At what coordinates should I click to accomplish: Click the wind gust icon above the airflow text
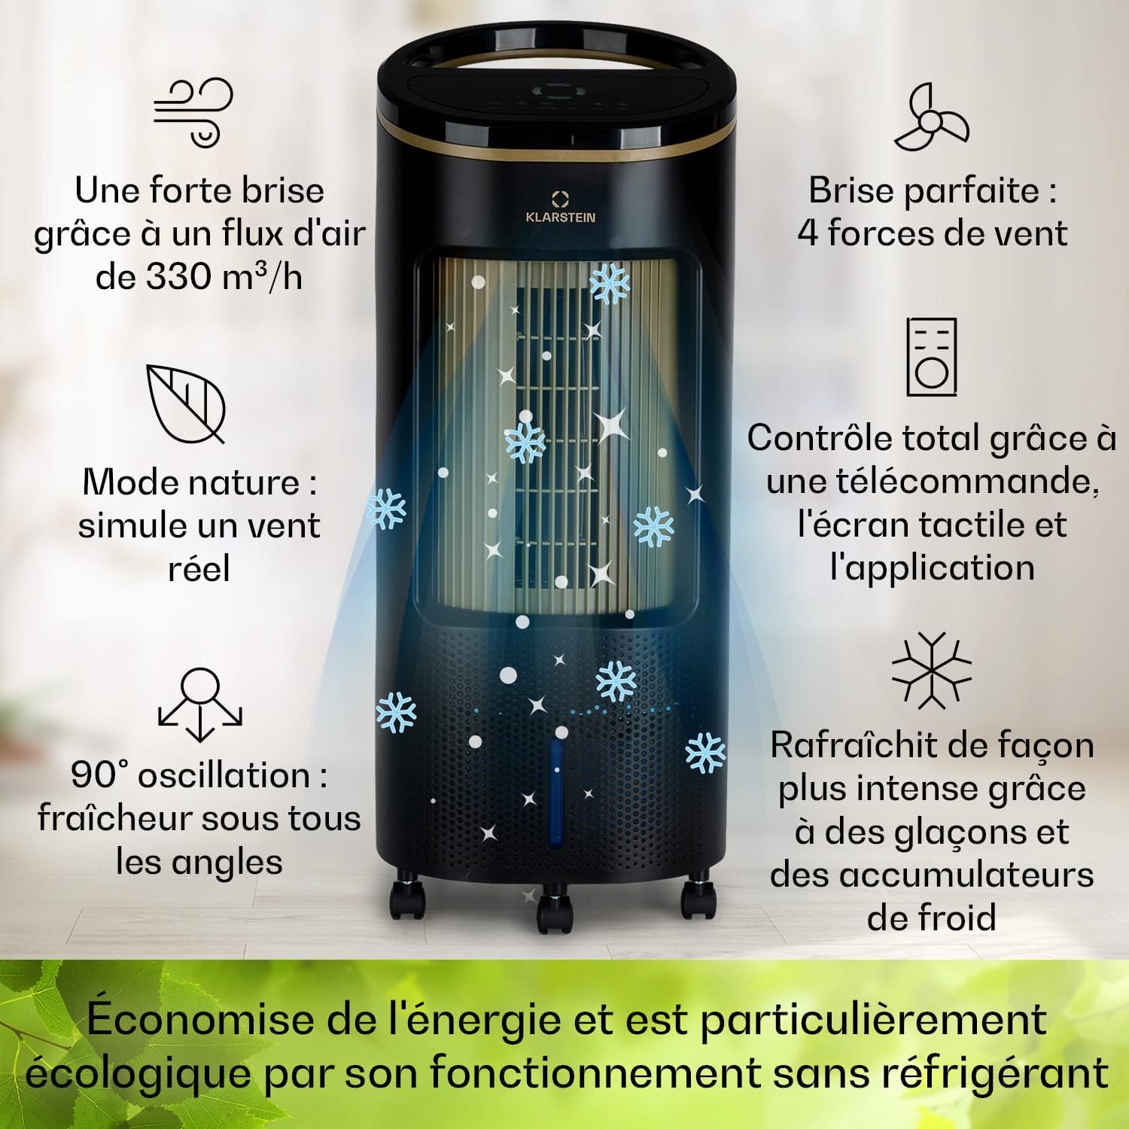click(193, 111)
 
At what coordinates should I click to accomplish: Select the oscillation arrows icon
click(199, 705)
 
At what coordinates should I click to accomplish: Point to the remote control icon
click(931, 357)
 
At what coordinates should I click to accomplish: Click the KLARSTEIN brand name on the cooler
click(560, 218)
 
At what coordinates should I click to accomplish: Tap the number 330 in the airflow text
click(178, 276)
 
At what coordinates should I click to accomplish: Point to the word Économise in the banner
click(199, 1020)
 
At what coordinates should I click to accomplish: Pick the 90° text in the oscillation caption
click(99, 775)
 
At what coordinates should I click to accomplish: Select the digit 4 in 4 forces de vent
click(808, 233)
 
